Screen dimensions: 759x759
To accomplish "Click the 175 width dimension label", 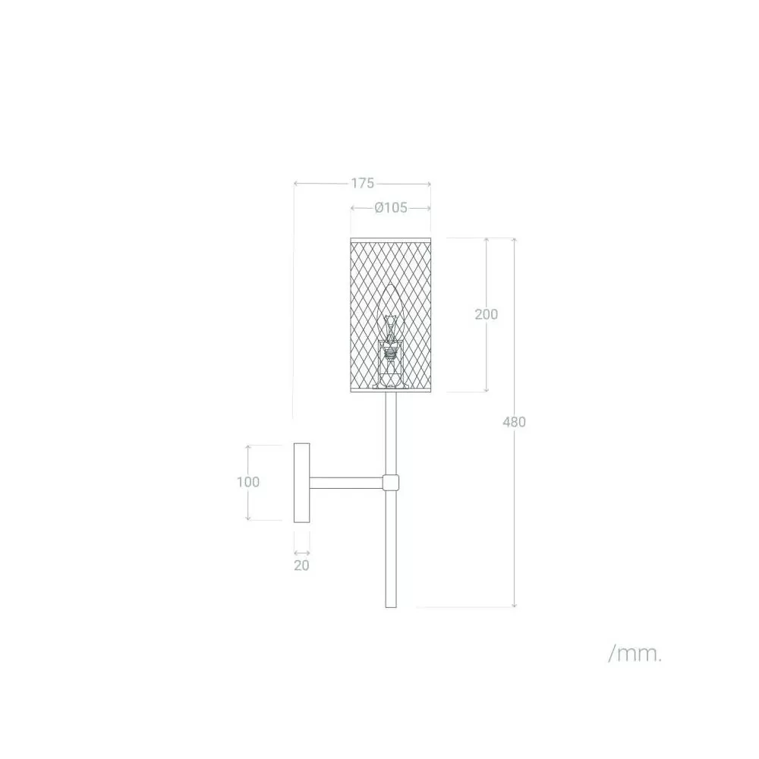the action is tap(363, 184).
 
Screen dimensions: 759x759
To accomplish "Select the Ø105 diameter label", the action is tap(391, 208).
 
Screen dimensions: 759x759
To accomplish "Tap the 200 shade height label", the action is tap(486, 314).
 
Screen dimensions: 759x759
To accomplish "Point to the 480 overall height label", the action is tap(514, 422).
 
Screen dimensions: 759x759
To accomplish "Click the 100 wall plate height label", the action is tap(248, 482).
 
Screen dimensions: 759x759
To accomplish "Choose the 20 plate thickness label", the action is tap(301, 565).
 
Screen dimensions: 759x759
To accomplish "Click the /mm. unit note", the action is tap(635, 654).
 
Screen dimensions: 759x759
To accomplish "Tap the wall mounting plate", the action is tap(301, 483).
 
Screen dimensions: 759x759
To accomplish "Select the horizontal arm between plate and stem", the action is tap(346, 483).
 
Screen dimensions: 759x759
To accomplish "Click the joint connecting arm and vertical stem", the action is tap(391, 483).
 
